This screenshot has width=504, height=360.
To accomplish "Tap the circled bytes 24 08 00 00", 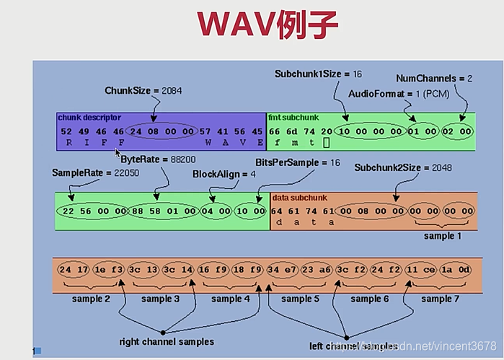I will click(160, 132).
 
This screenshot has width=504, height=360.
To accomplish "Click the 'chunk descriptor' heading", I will click(90, 117).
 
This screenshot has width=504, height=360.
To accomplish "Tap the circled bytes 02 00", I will click(458, 132).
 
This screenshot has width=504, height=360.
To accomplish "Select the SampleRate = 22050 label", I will click(85, 174).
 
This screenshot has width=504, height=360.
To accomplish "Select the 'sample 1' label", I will click(438, 236).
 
